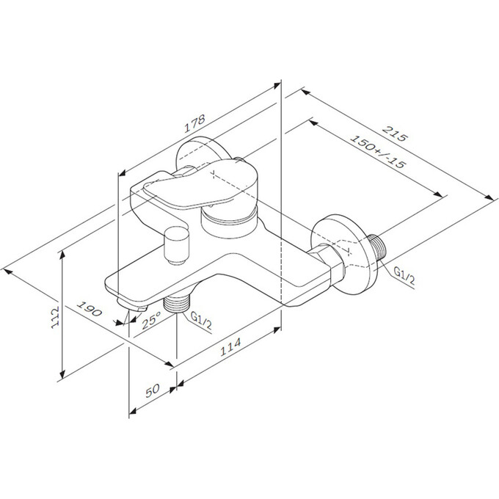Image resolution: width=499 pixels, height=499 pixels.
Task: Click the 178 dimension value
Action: tap(194, 123)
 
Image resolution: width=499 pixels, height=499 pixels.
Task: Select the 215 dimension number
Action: tap(395, 134)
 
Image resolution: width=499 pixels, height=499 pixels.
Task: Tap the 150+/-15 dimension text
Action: tap(378, 151)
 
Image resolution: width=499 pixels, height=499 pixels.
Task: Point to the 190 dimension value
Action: tap(90, 308)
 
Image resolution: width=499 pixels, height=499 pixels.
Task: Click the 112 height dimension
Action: tap(55, 317)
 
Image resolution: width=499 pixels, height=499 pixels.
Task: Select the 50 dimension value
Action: tap(153, 390)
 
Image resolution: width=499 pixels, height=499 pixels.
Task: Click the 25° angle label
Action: tap(151, 320)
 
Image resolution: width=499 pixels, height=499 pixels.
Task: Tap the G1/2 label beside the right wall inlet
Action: tap(404, 276)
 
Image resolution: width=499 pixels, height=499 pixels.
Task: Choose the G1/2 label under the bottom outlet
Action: tap(201, 321)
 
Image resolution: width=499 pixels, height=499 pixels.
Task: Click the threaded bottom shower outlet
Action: tap(176, 304)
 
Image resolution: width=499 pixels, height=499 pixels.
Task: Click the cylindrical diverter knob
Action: tap(176, 245)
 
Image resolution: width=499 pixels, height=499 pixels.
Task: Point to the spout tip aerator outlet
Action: tap(132, 305)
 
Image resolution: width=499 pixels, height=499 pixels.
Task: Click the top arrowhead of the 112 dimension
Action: tap(62, 255)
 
